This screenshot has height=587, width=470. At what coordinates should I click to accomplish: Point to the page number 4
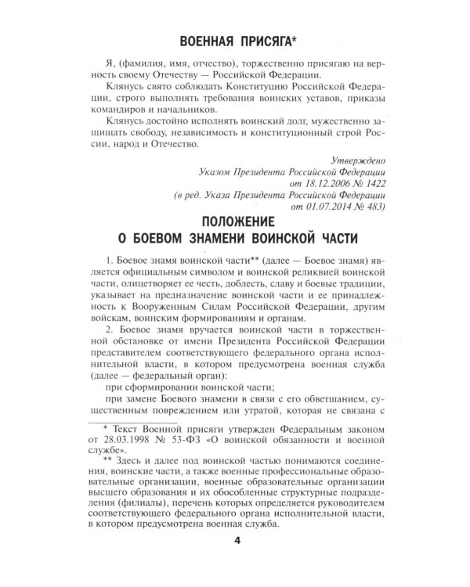236,561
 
